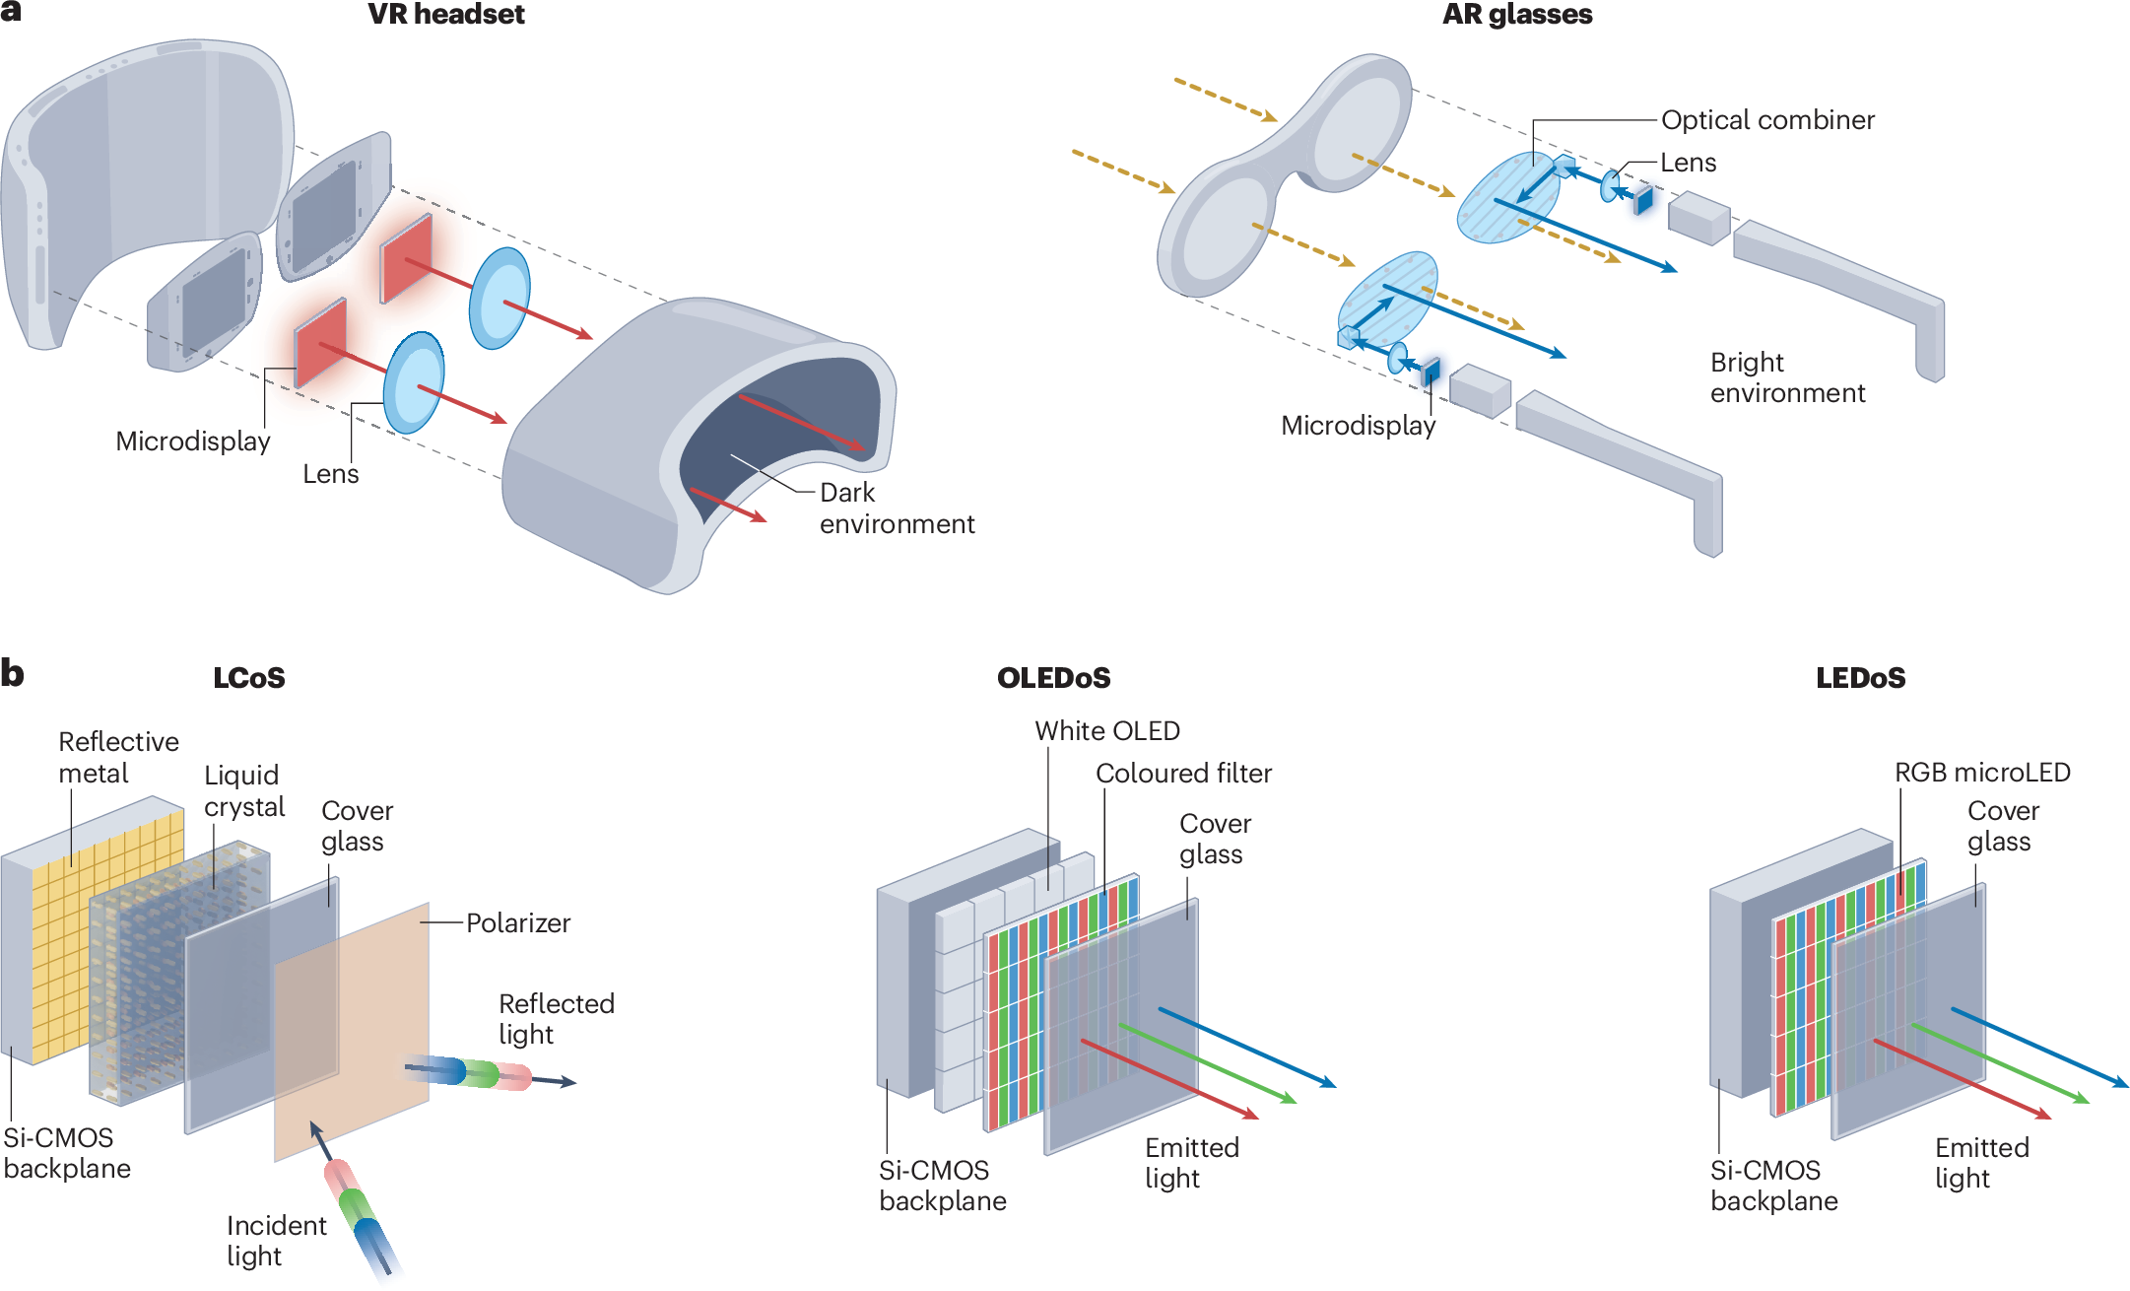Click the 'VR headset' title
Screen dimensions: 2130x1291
pos(445,15)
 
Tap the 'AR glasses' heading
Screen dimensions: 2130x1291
pos(1516,15)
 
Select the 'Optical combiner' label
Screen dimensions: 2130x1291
pos(1766,120)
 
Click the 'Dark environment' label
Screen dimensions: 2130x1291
pos(896,508)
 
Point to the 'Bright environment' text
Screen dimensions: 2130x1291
pos(1786,377)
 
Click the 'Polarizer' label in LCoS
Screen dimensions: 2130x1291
pos(517,923)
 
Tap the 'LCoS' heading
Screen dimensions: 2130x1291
pos(248,678)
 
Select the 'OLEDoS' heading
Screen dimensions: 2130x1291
pos(1053,678)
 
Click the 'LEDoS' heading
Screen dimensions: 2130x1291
pos(1860,678)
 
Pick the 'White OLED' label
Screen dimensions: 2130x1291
pos(1106,731)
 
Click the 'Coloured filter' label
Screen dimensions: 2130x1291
pos(1182,774)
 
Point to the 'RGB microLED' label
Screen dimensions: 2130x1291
pos(1981,773)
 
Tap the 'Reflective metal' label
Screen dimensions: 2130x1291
pos(117,757)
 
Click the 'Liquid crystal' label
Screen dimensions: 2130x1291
pos(243,790)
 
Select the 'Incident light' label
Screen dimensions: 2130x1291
pos(275,1240)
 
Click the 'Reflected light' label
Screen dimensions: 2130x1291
pos(555,1018)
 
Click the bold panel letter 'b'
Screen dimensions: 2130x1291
pos(12,674)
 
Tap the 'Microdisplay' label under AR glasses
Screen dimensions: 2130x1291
pos(1357,426)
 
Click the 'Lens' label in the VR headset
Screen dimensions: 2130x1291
pos(330,474)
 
